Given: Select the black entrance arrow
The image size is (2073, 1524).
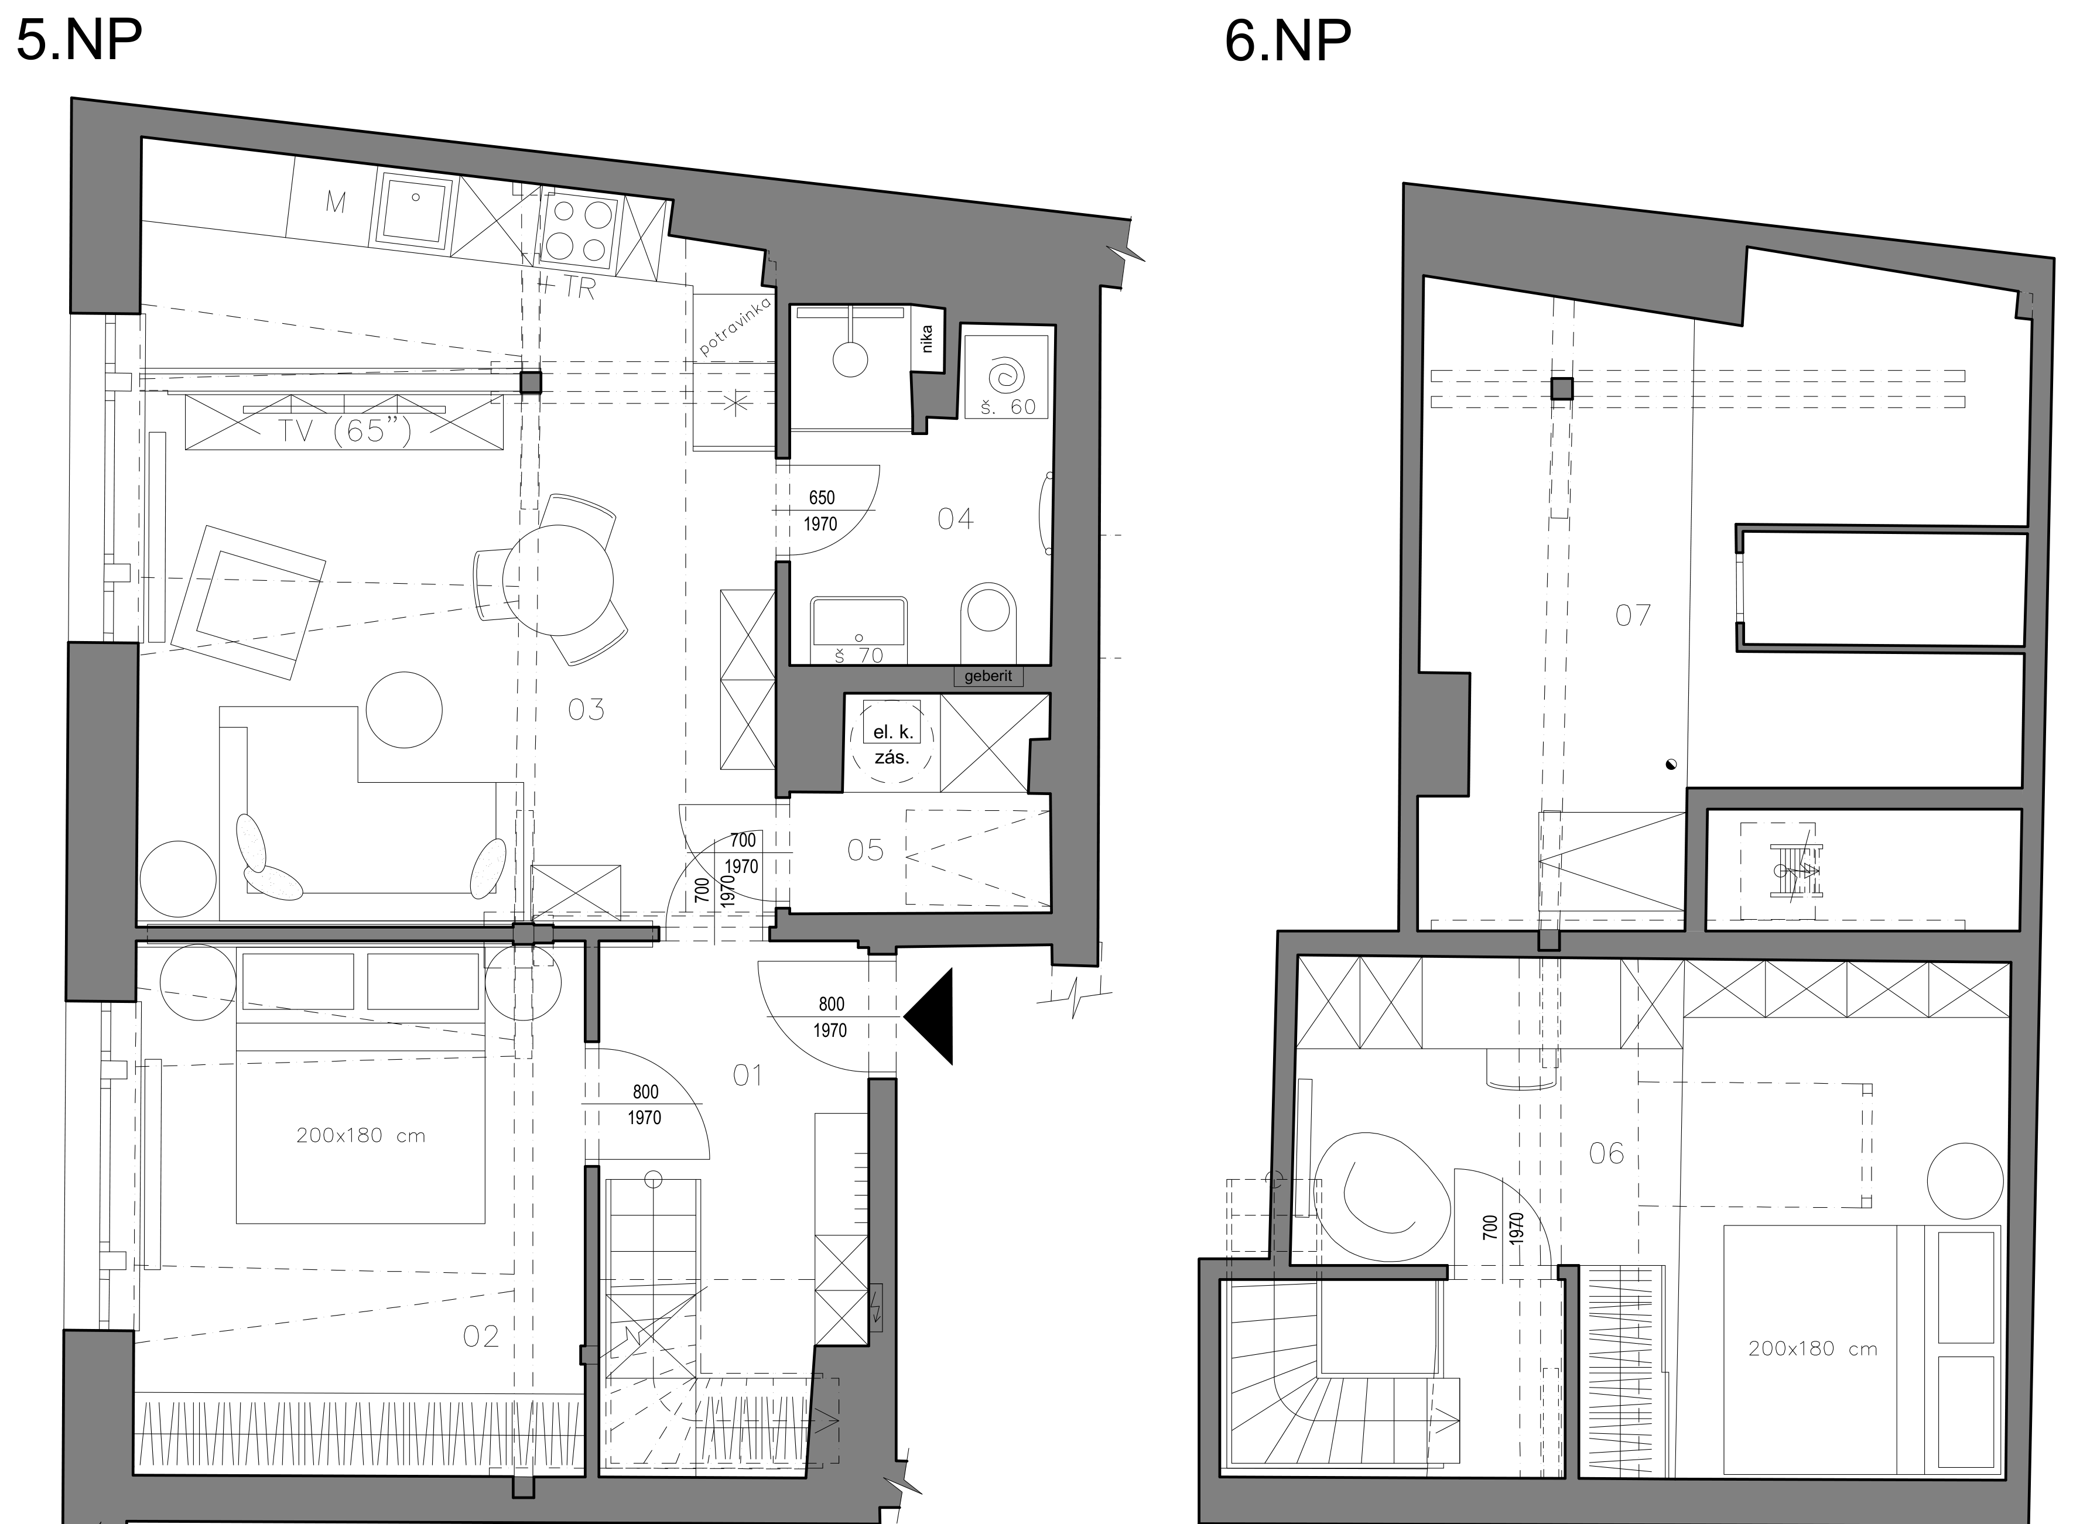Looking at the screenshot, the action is [928, 1016].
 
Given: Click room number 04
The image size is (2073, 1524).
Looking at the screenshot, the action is [956, 519].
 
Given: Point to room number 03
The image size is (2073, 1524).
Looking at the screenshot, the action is [587, 710].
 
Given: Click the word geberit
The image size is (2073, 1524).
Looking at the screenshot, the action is [988, 676].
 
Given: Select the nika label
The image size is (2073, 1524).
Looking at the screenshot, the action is [927, 338].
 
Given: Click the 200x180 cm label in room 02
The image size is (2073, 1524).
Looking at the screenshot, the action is [361, 1136].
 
